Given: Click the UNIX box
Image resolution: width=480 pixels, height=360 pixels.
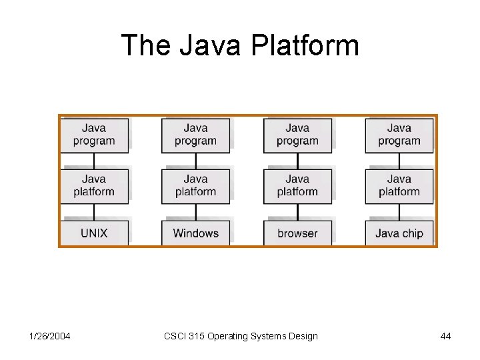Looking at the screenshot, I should pyautogui.click(x=94, y=233).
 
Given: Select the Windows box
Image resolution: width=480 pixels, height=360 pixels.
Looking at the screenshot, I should pyautogui.click(x=195, y=233).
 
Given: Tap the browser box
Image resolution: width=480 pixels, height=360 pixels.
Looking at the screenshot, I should pyautogui.click(x=297, y=233).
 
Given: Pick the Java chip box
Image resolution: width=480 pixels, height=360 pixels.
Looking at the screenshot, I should pyautogui.click(x=399, y=233).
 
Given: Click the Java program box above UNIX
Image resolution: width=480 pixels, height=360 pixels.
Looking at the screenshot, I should pyautogui.click(x=94, y=135).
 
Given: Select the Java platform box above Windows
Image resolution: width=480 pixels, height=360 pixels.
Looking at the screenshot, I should pyautogui.click(x=195, y=185).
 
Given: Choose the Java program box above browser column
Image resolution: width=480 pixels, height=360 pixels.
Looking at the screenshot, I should pyautogui.click(x=297, y=135).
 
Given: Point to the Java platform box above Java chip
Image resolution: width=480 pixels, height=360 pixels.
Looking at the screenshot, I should pyautogui.click(x=399, y=185).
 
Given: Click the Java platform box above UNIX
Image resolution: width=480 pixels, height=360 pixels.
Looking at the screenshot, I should pyautogui.click(x=94, y=185).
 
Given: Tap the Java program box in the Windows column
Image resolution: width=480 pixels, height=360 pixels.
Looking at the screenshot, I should pyautogui.click(x=195, y=135).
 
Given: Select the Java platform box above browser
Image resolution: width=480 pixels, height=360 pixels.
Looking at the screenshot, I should pyautogui.click(x=297, y=185).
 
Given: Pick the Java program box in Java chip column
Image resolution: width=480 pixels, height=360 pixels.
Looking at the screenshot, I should pyautogui.click(x=399, y=135).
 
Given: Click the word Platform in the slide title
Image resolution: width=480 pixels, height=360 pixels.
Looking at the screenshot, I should pyautogui.click(x=305, y=46).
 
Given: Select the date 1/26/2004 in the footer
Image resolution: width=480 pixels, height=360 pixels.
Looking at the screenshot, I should pyautogui.click(x=50, y=336).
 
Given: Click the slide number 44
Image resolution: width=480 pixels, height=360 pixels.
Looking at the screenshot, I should pyautogui.click(x=445, y=336).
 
